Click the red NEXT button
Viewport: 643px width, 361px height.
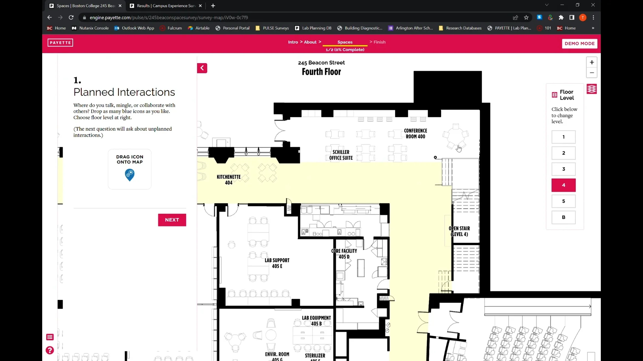click(x=172, y=220)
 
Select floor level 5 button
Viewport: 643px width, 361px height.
click(x=563, y=201)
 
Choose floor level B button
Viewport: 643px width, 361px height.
click(x=563, y=217)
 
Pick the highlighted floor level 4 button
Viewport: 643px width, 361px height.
click(x=563, y=185)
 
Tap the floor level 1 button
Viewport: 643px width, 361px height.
click(x=563, y=137)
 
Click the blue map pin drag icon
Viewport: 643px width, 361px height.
click(x=130, y=174)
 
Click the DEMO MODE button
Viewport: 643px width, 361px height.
click(x=579, y=43)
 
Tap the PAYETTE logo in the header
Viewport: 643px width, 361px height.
click(x=60, y=43)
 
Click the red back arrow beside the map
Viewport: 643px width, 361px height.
click(x=202, y=68)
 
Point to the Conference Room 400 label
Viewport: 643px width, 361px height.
click(x=415, y=134)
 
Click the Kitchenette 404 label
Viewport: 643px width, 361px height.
click(x=228, y=180)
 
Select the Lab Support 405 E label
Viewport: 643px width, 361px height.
click(x=277, y=263)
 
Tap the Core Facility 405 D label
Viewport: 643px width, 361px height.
click(x=344, y=254)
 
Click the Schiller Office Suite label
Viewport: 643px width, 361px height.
click(x=341, y=155)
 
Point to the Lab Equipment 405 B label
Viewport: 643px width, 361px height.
click(x=316, y=321)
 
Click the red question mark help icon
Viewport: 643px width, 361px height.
click(x=50, y=350)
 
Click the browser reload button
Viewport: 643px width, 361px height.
click(x=71, y=17)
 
